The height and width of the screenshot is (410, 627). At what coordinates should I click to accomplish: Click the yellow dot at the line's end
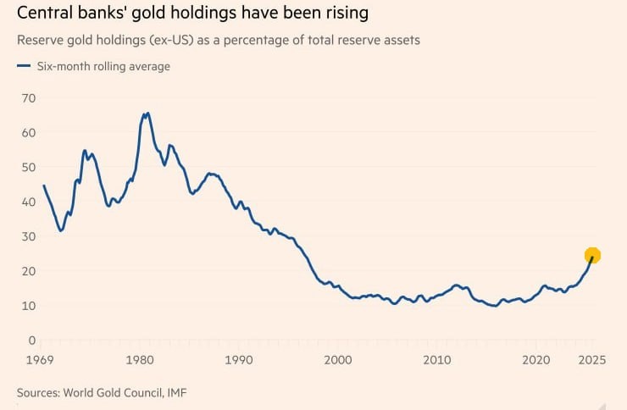[x=592, y=255]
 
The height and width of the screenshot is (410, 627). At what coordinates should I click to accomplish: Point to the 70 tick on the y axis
[x=29, y=98]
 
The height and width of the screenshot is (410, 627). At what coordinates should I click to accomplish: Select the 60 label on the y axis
[x=29, y=133]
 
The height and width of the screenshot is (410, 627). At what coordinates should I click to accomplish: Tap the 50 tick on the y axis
[x=29, y=168]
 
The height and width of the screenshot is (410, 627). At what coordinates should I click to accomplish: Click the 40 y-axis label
[x=29, y=202]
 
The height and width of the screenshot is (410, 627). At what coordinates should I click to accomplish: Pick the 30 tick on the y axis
[x=29, y=236]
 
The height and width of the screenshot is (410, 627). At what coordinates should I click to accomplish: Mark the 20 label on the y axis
[x=29, y=271]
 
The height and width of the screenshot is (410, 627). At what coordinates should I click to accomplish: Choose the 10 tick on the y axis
[x=29, y=306]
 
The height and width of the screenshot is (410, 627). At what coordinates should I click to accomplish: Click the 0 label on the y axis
[x=32, y=341]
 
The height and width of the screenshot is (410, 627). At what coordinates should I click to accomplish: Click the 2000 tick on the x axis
[x=338, y=361]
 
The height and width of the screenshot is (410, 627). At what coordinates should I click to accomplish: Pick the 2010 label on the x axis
[x=437, y=361]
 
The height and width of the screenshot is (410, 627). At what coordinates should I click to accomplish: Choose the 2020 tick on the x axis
[x=536, y=361]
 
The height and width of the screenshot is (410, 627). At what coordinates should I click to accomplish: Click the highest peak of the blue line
[x=147, y=113]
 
